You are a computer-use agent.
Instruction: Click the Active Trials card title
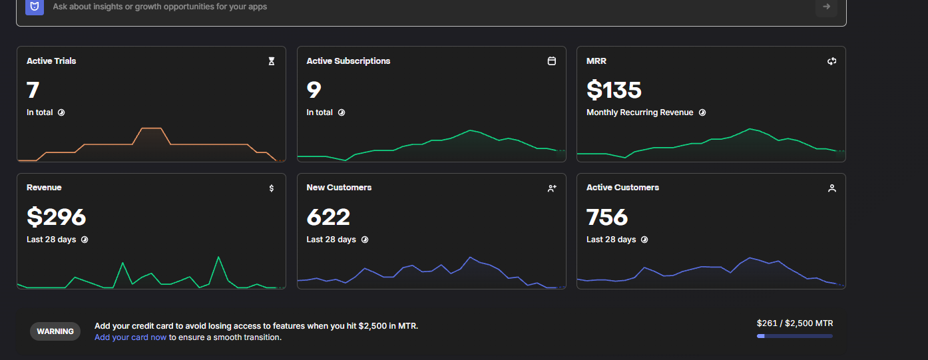51,61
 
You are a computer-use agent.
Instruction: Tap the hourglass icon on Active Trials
272,61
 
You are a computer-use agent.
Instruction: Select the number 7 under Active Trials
33,90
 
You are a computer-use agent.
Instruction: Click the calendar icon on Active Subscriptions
551,61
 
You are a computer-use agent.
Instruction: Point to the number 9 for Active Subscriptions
314,90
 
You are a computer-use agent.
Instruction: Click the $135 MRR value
614,90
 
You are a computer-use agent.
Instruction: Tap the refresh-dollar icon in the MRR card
831,61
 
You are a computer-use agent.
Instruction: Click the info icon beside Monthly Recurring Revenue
702,112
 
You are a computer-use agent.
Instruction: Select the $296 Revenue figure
57,217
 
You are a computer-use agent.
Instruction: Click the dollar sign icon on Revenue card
272,188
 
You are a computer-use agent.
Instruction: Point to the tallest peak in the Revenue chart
218,258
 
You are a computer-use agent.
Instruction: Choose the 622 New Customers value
328,217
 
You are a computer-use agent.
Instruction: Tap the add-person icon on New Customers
552,188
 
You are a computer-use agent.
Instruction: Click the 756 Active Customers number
607,217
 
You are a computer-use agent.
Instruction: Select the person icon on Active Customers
831,188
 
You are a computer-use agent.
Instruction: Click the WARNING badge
55,331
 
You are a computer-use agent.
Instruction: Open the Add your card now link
130,337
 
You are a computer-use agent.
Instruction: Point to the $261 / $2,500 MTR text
795,323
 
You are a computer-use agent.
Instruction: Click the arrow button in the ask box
826,7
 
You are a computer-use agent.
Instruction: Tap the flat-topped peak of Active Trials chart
152,128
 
